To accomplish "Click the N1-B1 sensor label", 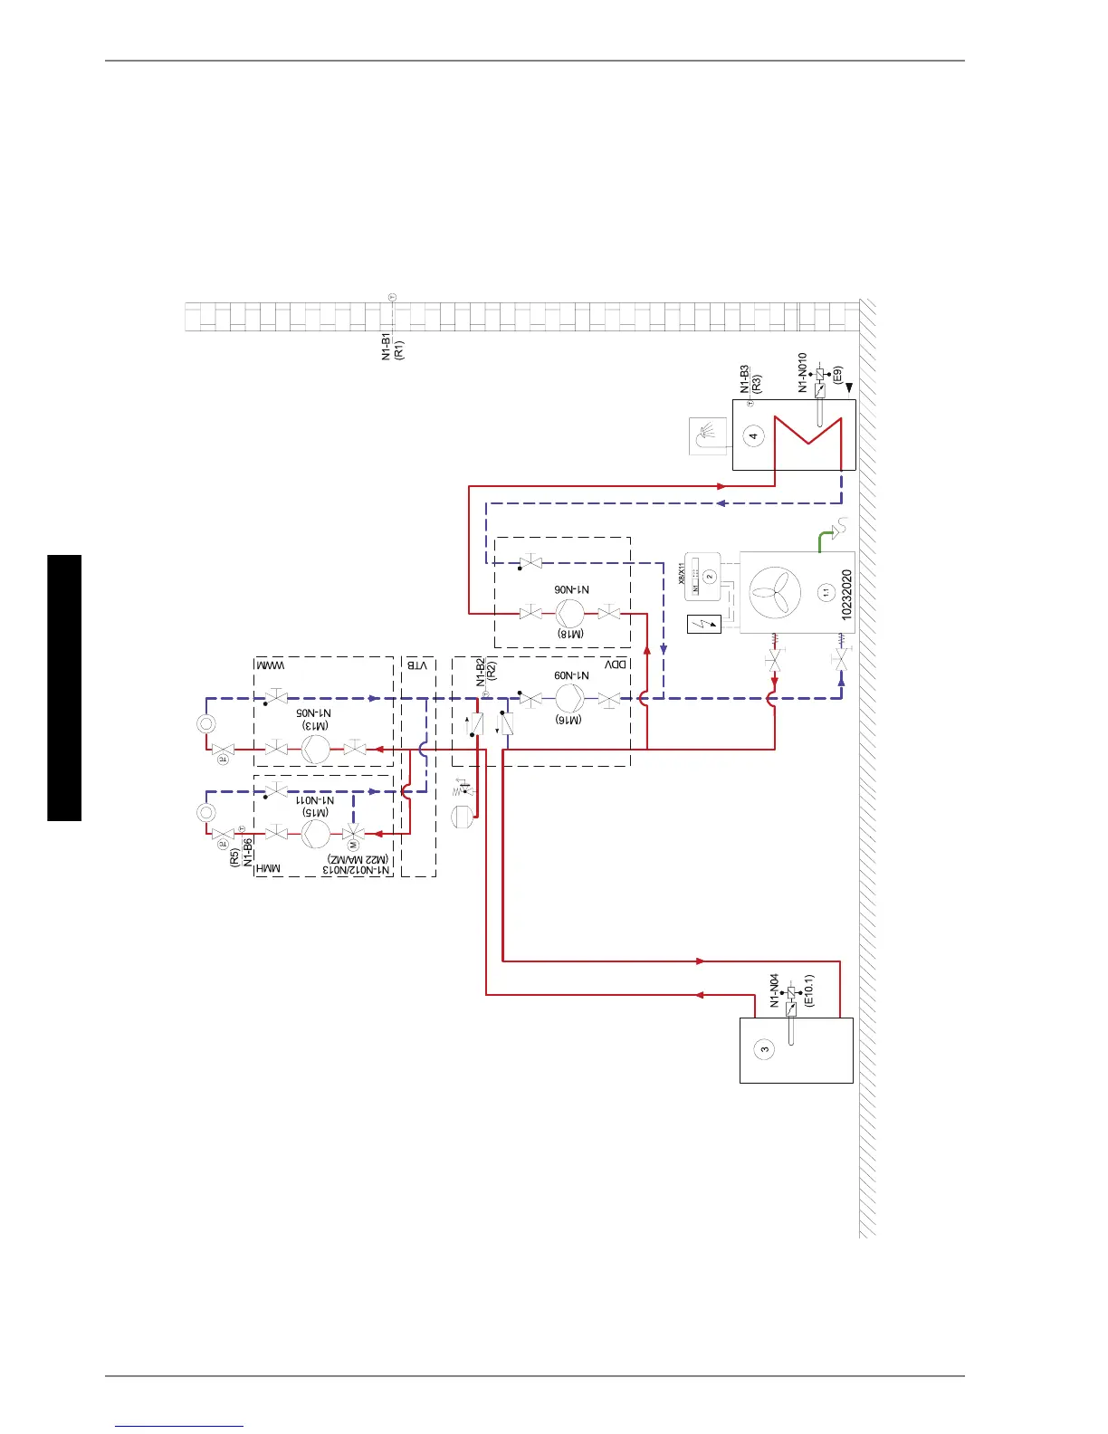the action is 386,346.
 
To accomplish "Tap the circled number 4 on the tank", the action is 753,435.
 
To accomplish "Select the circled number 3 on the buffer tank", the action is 765,1050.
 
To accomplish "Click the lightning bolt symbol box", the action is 704,624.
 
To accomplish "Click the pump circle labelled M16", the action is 570,698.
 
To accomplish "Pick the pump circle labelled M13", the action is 315,749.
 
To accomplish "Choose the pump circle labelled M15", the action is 315,832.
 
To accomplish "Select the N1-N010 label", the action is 802,372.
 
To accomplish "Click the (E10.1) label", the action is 808,990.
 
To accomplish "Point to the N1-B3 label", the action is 744,378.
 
